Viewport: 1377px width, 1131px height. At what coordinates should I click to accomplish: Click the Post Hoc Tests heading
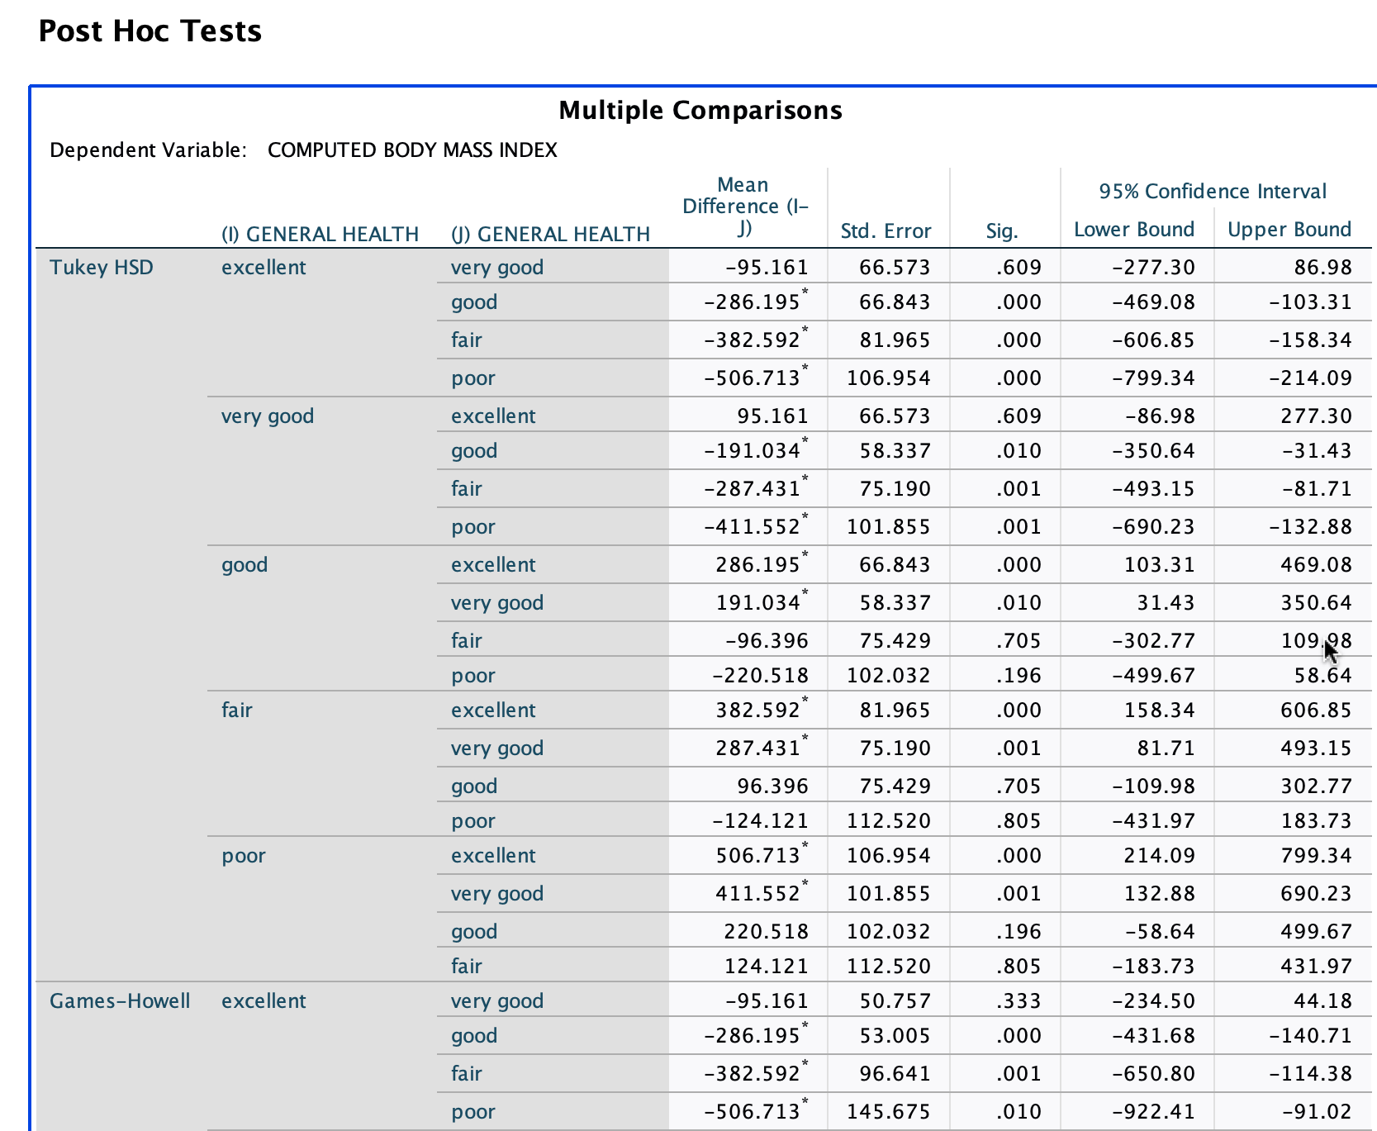pos(150,31)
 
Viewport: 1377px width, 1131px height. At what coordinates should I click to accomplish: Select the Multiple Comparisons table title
pos(700,110)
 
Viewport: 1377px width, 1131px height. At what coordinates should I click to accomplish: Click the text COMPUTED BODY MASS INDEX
pos(412,150)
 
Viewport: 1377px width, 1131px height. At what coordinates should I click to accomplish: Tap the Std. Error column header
pos(886,230)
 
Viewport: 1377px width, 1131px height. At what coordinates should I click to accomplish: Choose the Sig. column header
pos(1002,230)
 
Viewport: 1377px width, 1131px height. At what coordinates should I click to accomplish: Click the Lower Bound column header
pos(1134,229)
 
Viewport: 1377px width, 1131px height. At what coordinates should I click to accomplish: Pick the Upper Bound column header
pos(1289,229)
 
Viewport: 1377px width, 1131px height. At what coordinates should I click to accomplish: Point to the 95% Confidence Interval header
pos(1213,191)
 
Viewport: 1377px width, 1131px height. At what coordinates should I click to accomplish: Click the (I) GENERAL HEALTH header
pos(320,234)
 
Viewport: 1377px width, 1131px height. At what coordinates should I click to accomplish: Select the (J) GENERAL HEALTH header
pos(550,234)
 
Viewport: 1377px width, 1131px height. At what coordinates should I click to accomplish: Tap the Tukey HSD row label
pos(102,267)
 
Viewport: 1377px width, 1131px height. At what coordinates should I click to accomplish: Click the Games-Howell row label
pos(120,1000)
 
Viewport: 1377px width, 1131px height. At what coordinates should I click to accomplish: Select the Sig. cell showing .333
pos(1019,1000)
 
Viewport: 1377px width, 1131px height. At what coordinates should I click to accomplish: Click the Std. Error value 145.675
pos(889,1111)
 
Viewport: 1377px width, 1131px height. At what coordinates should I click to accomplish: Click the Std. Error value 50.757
pos(895,1000)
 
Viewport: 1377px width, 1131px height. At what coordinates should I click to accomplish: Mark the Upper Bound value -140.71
pos(1311,1035)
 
